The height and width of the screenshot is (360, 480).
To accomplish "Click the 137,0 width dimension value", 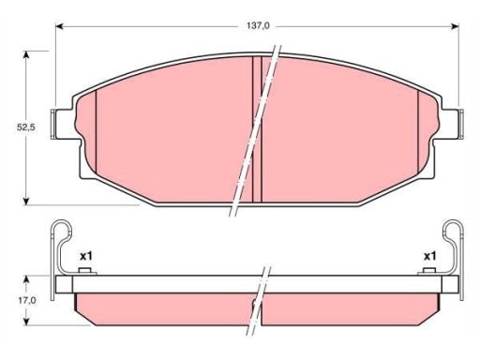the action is (x=258, y=26).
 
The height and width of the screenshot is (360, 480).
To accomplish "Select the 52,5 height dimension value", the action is (x=25, y=127).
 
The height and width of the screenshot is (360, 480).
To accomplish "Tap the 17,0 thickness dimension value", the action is (x=26, y=300).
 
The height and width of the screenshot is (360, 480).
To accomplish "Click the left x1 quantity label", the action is (x=86, y=257).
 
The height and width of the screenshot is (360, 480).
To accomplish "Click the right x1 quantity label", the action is (x=429, y=257).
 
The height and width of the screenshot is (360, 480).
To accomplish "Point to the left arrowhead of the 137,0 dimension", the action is (x=59, y=26).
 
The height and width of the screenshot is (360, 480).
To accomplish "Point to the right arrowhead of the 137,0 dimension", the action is (x=455, y=26).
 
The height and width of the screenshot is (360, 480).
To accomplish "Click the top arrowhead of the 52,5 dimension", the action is (x=26, y=54).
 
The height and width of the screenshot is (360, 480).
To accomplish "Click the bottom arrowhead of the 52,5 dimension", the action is (x=26, y=202).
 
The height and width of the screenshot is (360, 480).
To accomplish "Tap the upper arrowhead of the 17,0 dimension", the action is (x=26, y=279).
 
